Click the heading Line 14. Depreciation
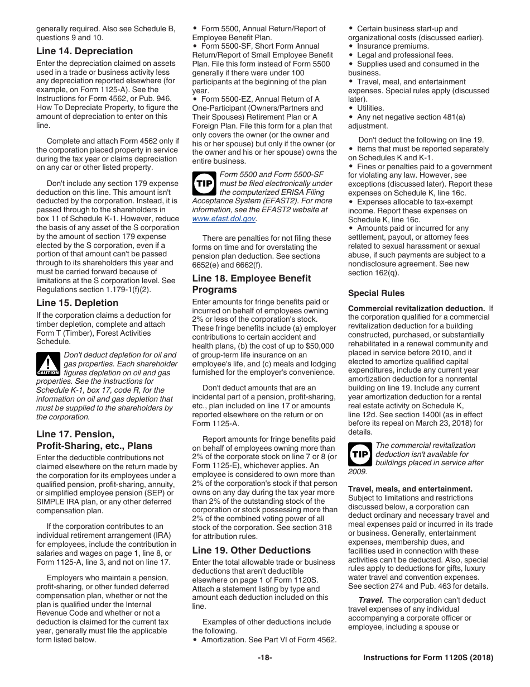coord(84,51)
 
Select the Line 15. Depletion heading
coord(77,303)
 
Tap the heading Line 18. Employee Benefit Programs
coord(251,284)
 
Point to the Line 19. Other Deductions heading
coord(251,551)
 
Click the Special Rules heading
coord(376,293)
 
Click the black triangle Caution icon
coord(48,364)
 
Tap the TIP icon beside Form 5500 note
coord(204,184)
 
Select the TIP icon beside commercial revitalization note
coord(360,455)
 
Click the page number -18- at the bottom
coord(264,658)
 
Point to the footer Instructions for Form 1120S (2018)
coord(428,658)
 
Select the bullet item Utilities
coord(370,108)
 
